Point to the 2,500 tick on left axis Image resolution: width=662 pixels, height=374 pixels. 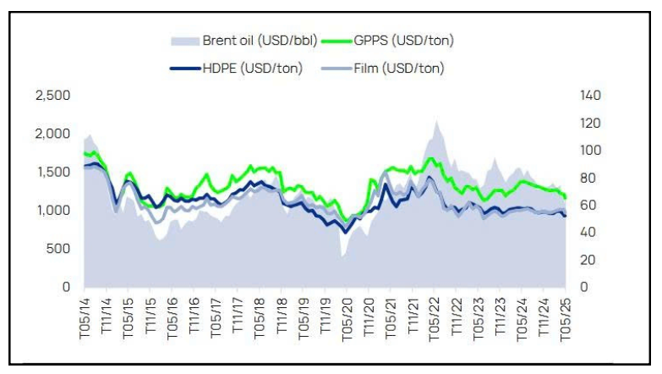[52, 96]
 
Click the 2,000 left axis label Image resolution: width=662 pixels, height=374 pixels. [52, 134]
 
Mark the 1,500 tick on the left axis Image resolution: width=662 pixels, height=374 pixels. [52, 172]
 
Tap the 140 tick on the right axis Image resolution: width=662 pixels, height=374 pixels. [590, 96]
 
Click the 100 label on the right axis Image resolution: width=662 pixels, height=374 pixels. [590, 151]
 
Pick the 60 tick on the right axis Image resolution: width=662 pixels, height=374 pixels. [587, 206]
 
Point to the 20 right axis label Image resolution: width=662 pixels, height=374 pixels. [587, 260]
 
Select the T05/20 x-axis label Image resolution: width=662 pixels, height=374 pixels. [347, 318]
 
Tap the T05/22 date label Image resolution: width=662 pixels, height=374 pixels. [434, 318]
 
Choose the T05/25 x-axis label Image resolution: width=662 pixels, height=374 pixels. [564, 318]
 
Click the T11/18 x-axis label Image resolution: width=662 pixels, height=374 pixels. [282, 318]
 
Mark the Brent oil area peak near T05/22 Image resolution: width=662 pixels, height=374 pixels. [436, 123]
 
